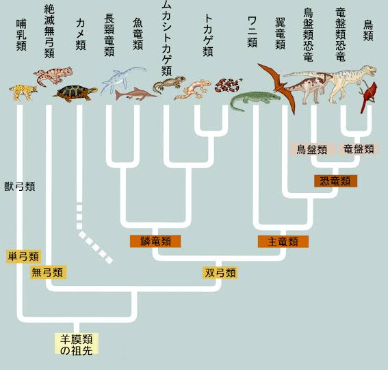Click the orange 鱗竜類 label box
point(155,241)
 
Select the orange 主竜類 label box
point(283,241)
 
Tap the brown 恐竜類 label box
point(335,181)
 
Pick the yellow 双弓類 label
point(220,273)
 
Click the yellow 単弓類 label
point(23,256)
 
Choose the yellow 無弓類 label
point(49,272)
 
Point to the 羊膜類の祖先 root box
point(77,343)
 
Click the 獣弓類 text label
point(20,186)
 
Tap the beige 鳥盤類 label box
point(312,149)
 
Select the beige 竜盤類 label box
point(359,149)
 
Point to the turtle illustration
point(75,93)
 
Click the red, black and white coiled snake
point(228,85)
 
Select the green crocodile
point(255,101)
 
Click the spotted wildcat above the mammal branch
point(23,92)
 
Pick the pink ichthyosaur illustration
point(135,94)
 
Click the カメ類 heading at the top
point(81,35)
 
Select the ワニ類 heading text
point(252,32)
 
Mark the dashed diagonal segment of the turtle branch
point(96,248)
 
